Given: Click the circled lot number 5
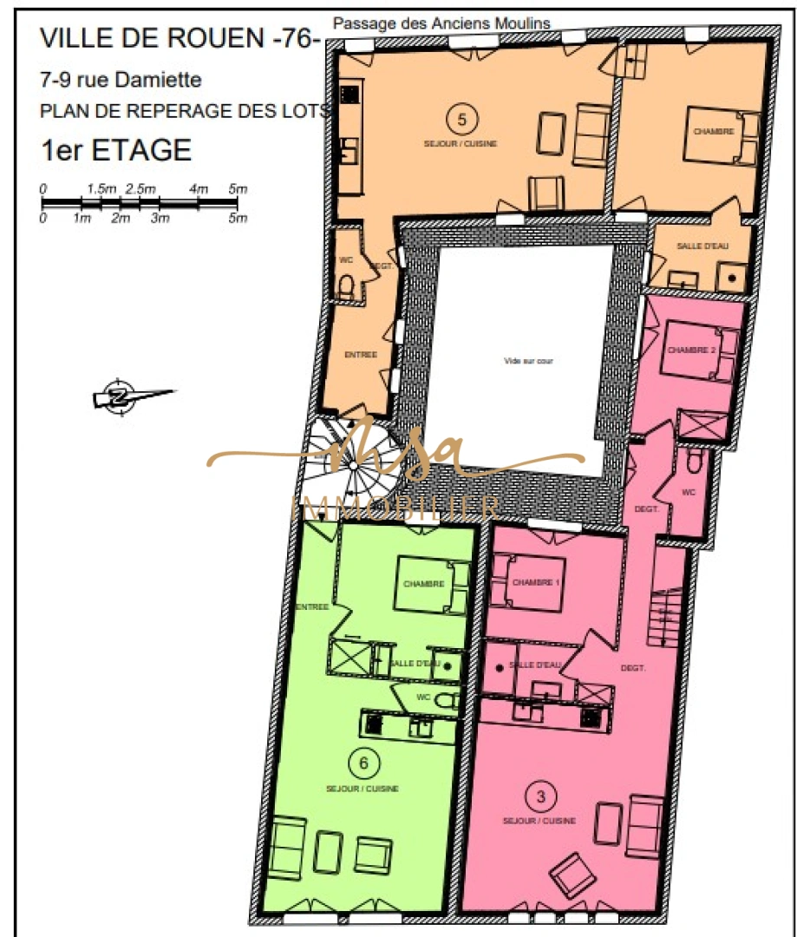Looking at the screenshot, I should (x=462, y=117).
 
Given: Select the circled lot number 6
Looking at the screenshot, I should (x=363, y=763).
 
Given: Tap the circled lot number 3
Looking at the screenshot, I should (x=541, y=795).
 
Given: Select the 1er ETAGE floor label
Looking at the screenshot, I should (x=116, y=149).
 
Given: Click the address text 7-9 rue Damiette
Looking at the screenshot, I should (x=121, y=81).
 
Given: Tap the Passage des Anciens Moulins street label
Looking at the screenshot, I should (x=441, y=23).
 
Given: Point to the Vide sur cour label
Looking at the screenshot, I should (x=528, y=361).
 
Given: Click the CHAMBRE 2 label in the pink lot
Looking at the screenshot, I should (x=690, y=350).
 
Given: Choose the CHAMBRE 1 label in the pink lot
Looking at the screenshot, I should (x=534, y=581).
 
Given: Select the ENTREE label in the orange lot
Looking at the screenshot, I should (x=361, y=354).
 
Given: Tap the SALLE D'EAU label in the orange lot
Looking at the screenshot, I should (x=702, y=246).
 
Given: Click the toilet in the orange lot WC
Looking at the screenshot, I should (x=344, y=285).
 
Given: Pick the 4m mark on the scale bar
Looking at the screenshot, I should (x=199, y=188).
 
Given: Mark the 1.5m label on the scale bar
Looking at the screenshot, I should (x=101, y=188).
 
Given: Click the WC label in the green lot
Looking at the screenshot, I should (x=424, y=696).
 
